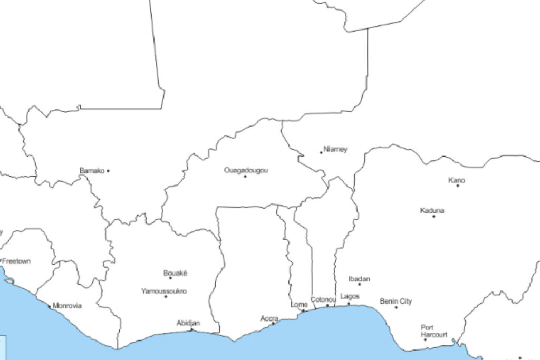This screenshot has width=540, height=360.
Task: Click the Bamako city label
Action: (x=92, y=171)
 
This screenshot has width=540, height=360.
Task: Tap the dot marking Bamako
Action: (x=108, y=171)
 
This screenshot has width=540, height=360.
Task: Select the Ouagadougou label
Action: (x=246, y=170)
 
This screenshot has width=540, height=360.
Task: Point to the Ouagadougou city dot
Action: (x=245, y=176)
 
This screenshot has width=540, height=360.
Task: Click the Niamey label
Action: (x=335, y=149)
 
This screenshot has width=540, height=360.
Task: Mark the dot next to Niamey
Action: (x=321, y=153)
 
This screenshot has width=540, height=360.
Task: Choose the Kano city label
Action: (x=457, y=180)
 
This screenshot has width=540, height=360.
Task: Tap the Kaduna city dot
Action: (x=434, y=216)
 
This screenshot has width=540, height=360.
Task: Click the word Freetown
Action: (x=17, y=261)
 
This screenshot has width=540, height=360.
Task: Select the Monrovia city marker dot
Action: (x=50, y=306)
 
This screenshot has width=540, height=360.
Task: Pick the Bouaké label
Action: (x=175, y=273)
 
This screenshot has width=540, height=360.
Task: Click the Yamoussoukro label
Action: (x=163, y=291)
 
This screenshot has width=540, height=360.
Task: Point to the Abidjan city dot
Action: (x=191, y=330)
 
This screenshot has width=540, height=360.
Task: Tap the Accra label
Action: (x=269, y=318)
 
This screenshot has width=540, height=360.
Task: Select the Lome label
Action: (x=299, y=305)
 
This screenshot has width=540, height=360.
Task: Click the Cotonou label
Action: (x=323, y=299)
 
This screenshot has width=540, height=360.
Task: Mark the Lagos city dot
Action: (x=348, y=304)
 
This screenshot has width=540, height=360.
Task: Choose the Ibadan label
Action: (x=359, y=279)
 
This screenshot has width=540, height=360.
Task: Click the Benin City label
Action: (x=396, y=301)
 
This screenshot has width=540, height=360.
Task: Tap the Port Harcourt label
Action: (x=433, y=331)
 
